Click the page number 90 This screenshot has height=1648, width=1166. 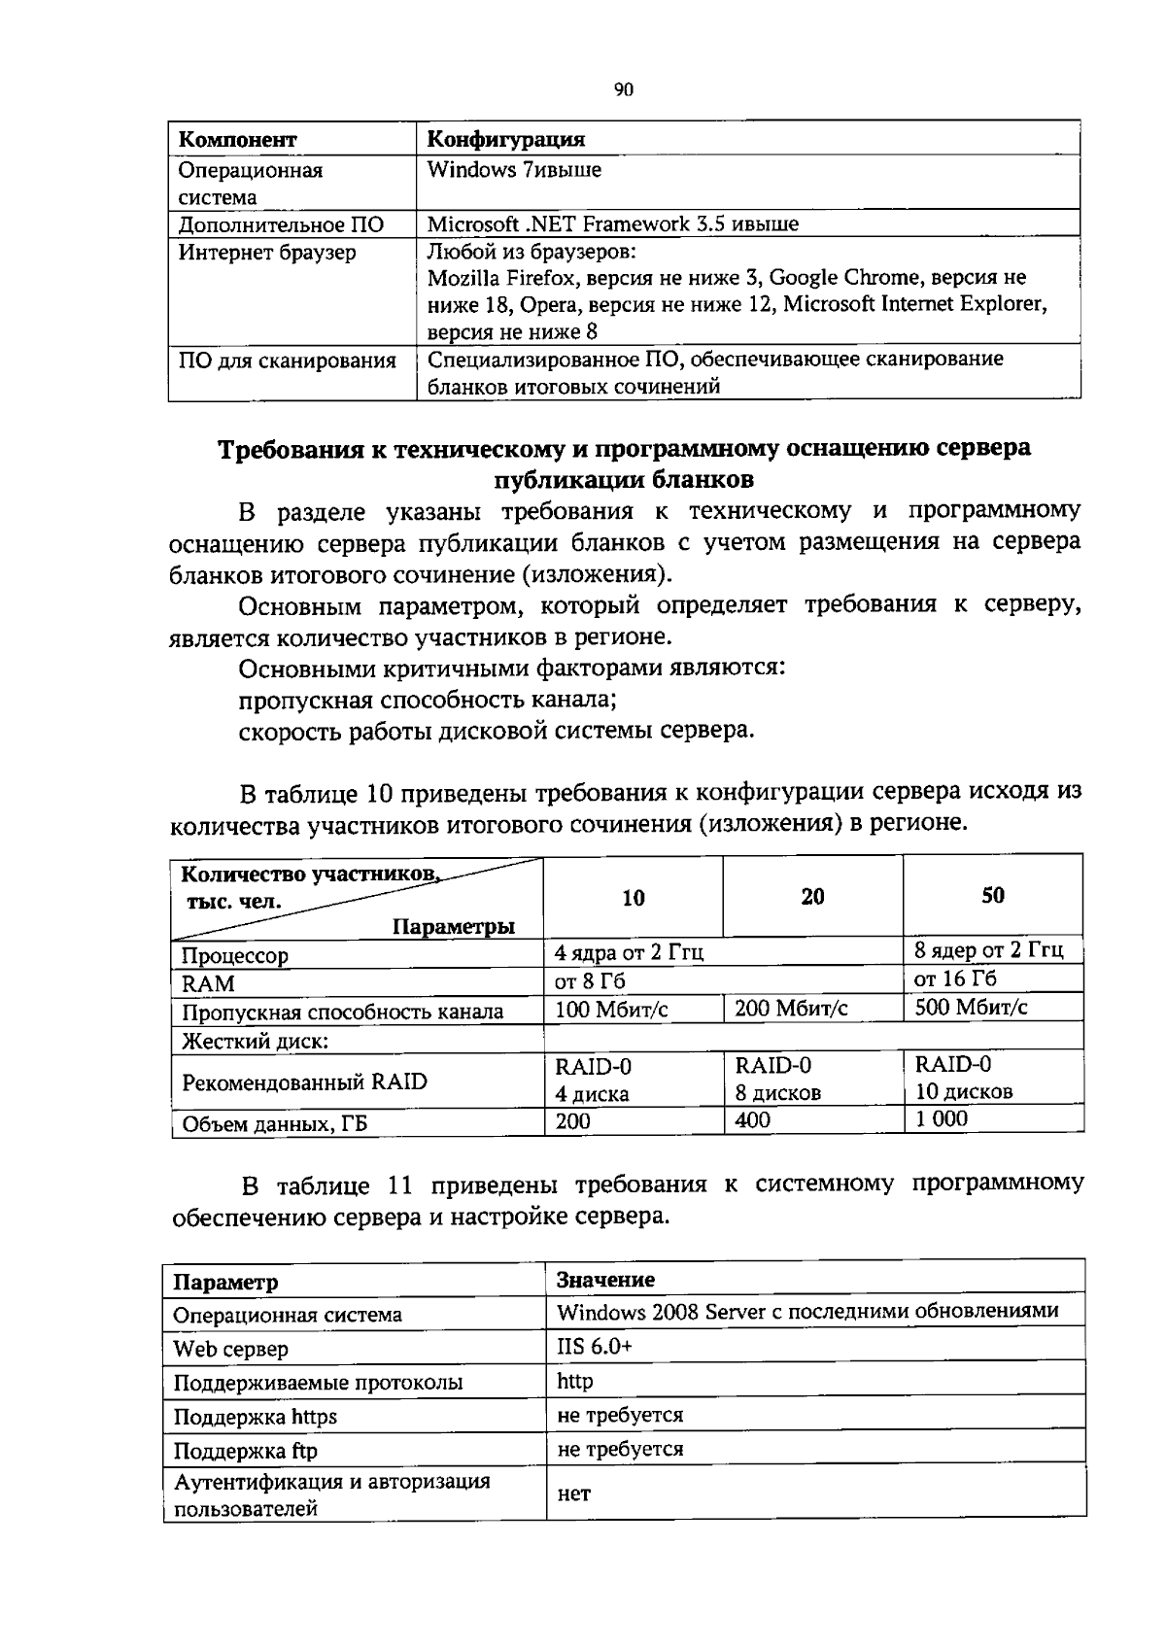624,90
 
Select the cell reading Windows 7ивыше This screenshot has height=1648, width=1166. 515,171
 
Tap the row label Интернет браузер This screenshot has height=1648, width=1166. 267,253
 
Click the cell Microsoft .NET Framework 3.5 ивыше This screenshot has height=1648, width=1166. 613,224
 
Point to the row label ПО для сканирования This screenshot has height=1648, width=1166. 287,361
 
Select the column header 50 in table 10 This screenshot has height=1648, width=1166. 993,896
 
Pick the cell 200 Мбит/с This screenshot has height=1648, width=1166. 791,1009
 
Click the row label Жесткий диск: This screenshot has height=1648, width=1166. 256,1042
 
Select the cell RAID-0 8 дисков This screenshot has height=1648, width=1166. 777,1079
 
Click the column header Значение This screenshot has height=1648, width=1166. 605,1280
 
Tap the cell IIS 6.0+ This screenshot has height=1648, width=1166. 594,1347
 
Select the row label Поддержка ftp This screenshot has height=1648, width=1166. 245,1451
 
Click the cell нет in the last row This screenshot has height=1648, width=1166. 573,1493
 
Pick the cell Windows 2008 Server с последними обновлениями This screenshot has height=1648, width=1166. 806,1312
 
